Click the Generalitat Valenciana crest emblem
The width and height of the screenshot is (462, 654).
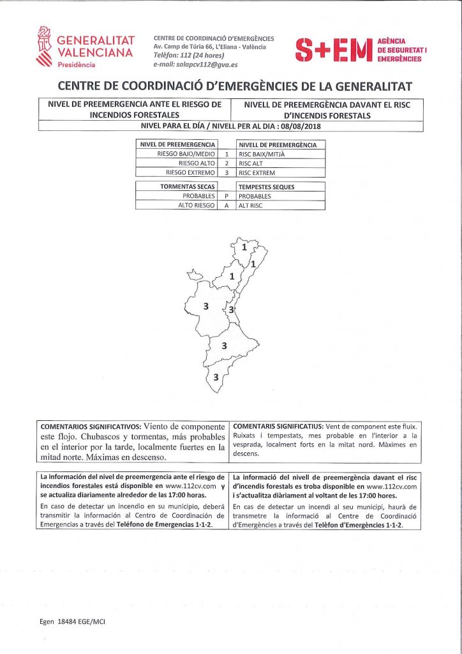pyautogui.click(x=44, y=49)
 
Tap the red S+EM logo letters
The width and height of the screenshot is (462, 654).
pyautogui.click(x=334, y=50)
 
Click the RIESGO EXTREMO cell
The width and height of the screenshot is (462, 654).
pyautogui.click(x=190, y=172)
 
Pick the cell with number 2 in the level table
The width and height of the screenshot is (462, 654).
pyautogui.click(x=227, y=163)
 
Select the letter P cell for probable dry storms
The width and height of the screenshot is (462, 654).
pyautogui.click(x=227, y=196)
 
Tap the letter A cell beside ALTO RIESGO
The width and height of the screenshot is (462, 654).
pyautogui.click(x=227, y=206)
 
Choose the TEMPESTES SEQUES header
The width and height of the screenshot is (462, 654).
pyautogui.click(x=267, y=187)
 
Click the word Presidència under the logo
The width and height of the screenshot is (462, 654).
pyautogui.click(x=77, y=65)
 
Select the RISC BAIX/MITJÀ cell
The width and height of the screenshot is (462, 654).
pyautogui.click(x=261, y=154)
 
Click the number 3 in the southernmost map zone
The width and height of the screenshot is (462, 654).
pyautogui.click(x=216, y=377)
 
